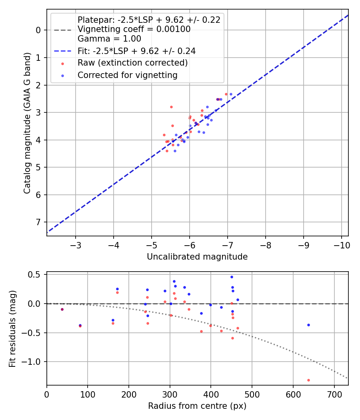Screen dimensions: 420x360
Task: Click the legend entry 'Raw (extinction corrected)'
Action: tap(132, 63)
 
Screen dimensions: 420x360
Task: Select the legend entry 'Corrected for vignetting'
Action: tap(127, 75)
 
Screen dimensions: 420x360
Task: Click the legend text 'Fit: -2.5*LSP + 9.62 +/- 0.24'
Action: tap(136, 51)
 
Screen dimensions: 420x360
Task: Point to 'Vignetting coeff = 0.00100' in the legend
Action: tap(134, 29)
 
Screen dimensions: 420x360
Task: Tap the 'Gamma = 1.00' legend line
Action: tap(109, 39)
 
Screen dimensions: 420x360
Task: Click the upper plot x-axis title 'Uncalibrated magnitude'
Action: tap(197, 257)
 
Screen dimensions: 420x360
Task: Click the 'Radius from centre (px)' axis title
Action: tap(197, 406)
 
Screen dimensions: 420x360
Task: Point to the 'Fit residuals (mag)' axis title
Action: tap(12, 328)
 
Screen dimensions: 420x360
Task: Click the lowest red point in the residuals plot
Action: tap(308, 380)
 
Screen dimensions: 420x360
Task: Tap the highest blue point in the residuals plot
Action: tap(232, 277)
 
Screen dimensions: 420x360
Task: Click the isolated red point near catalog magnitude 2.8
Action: tap(171, 107)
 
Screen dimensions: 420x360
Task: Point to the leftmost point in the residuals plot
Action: tap(62, 309)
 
